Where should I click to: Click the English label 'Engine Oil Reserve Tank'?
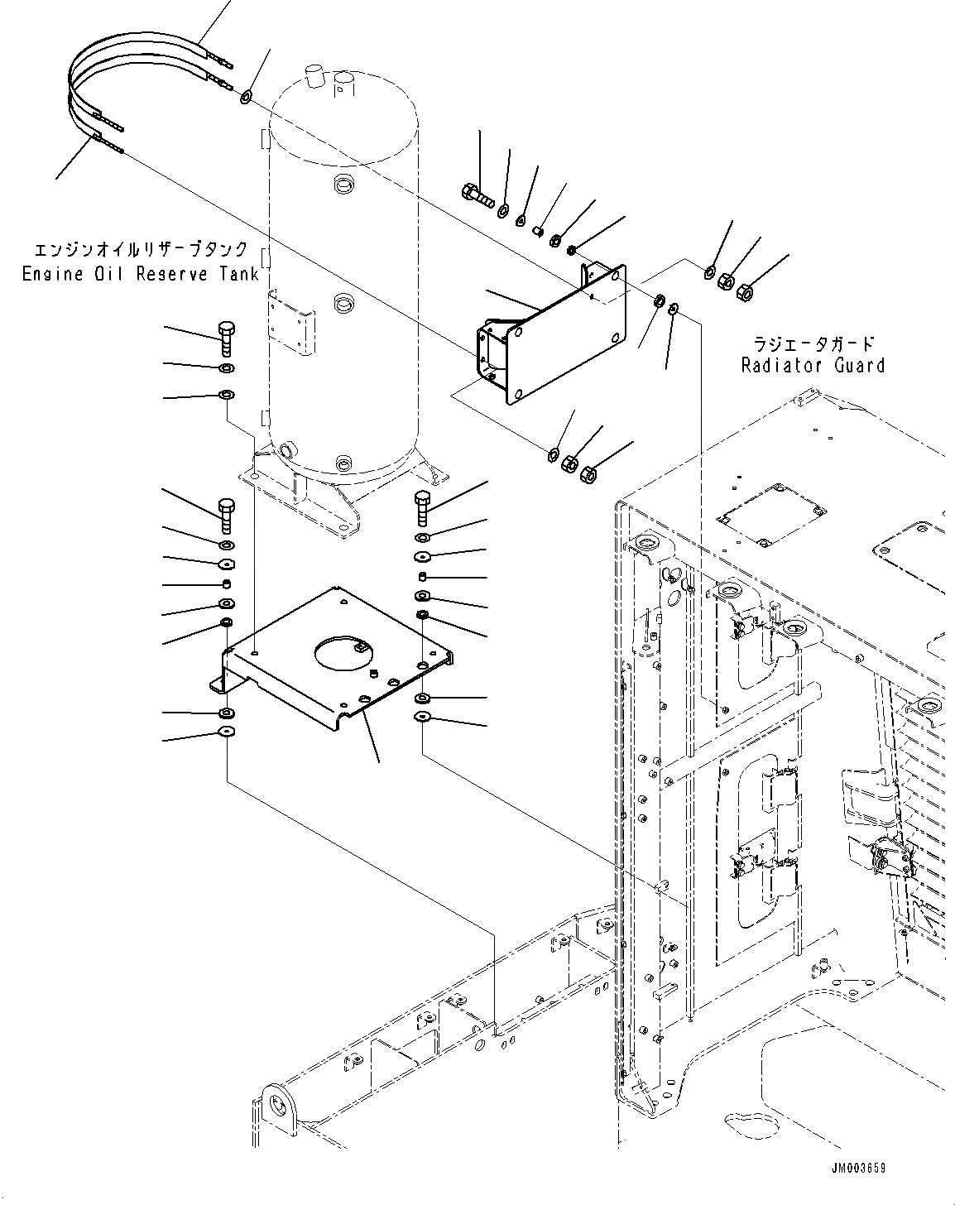[141, 274]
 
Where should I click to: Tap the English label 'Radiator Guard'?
[813, 365]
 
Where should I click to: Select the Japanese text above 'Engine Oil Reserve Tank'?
[141, 249]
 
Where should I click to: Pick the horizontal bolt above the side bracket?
[476, 195]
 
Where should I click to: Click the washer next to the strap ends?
[246, 98]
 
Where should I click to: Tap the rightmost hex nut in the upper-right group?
[745, 290]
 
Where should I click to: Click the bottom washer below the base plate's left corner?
[225, 732]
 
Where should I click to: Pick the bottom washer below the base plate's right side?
[423, 717]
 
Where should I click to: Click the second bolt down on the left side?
[226, 513]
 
